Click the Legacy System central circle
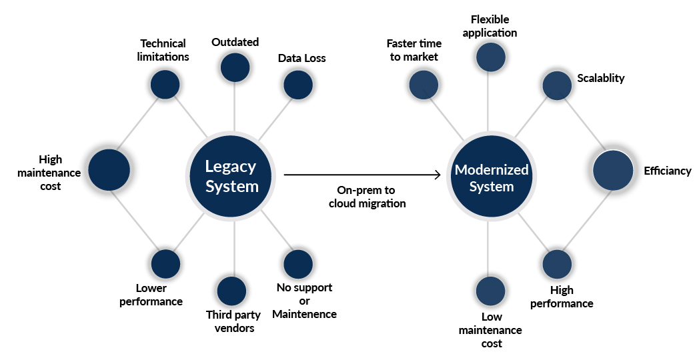coord(231,176)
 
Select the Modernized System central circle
coord(492,178)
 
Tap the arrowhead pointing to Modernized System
coord(438,175)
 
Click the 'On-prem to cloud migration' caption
coord(367,197)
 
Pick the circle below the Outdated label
coord(235,67)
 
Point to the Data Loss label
coord(301,58)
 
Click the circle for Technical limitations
coord(165,84)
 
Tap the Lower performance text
coord(151,295)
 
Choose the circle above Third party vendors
coord(231,291)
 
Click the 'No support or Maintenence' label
coord(304,301)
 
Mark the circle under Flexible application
coord(490,57)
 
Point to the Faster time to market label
coord(414,50)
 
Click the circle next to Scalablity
coord(557,85)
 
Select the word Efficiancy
coord(667,171)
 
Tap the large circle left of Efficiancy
coord(613,169)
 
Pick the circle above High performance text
coord(556,264)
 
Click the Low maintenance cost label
coord(490,330)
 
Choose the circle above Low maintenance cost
coord(490,291)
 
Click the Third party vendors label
coord(233,321)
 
